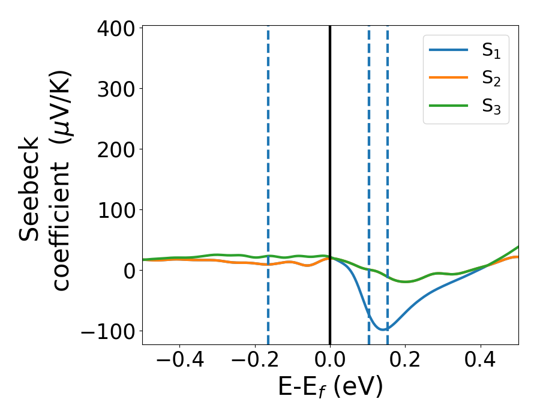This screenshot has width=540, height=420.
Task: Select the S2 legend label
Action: click(x=491, y=79)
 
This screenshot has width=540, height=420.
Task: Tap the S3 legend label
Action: click(x=491, y=106)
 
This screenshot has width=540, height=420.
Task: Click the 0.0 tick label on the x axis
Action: click(x=330, y=363)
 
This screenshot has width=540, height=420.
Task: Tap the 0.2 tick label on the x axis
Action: click(x=406, y=363)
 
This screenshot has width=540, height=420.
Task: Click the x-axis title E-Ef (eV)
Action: click(x=330, y=388)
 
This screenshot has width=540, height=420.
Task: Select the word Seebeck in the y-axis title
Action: click(x=30, y=189)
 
